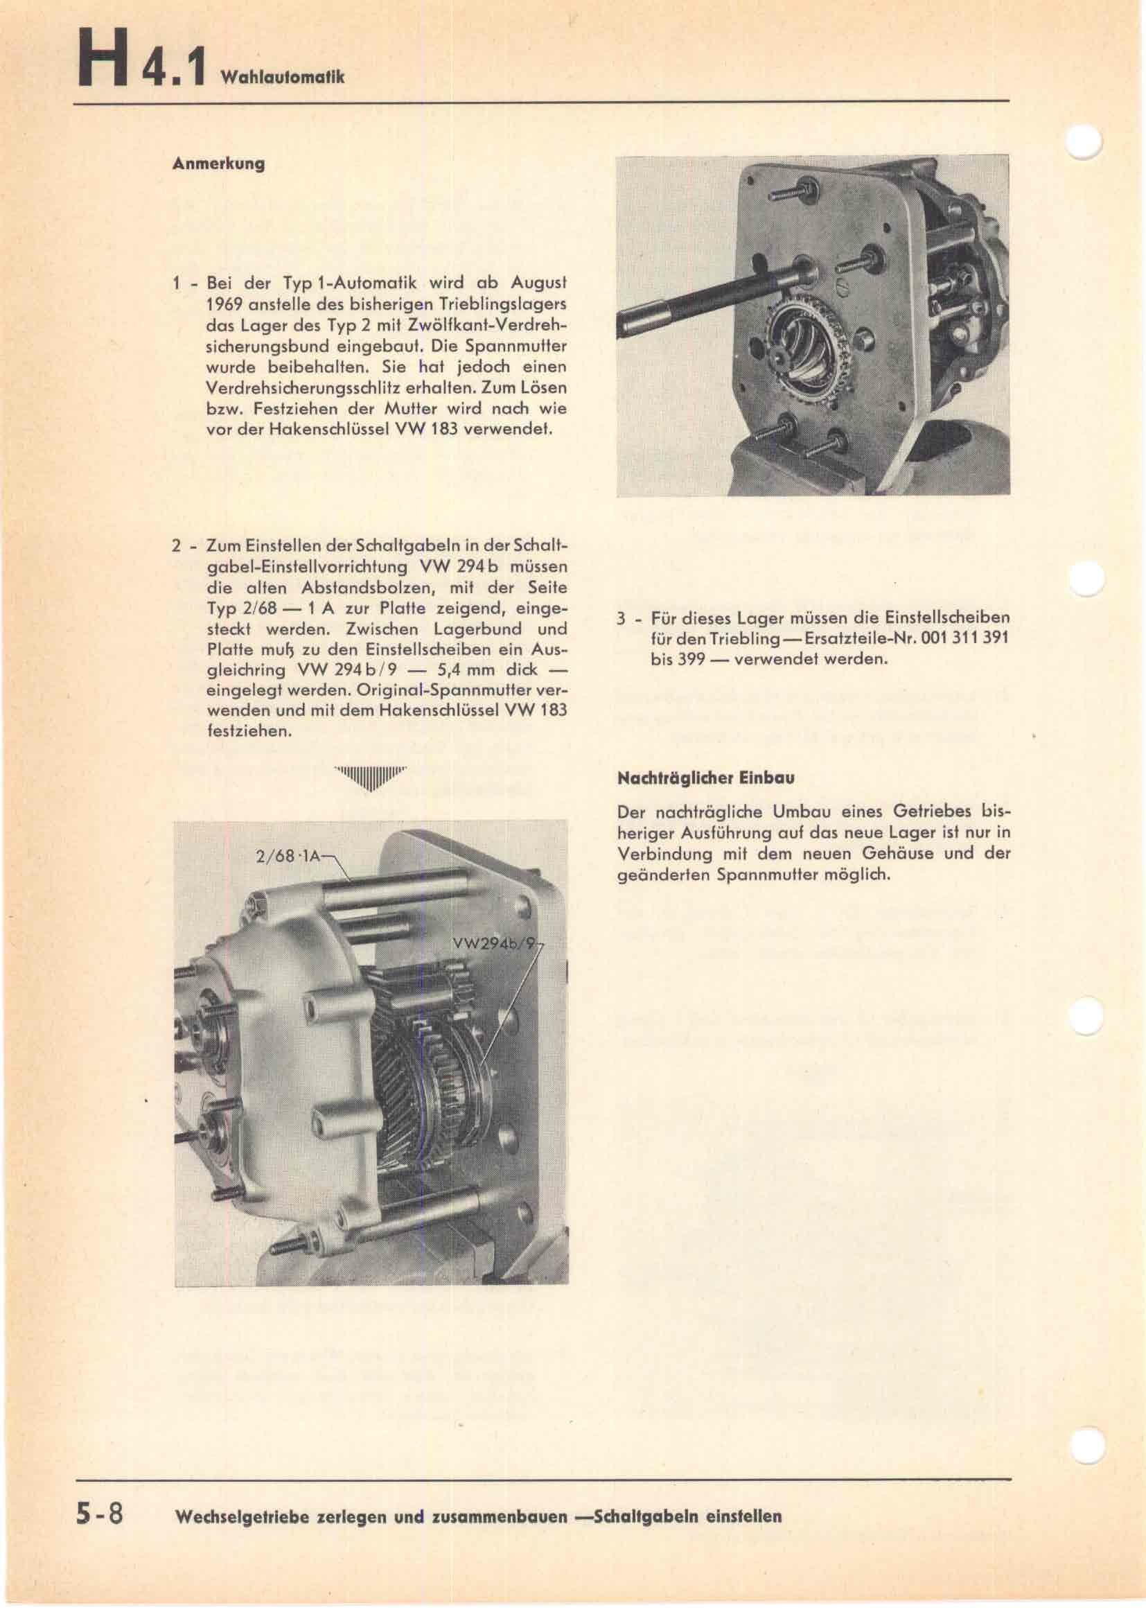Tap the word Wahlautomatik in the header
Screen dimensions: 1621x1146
(282, 77)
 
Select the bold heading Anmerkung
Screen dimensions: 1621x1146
(219, 164)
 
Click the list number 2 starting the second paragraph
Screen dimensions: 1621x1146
(176, 546)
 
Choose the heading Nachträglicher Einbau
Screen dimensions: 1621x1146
(705, 779)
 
